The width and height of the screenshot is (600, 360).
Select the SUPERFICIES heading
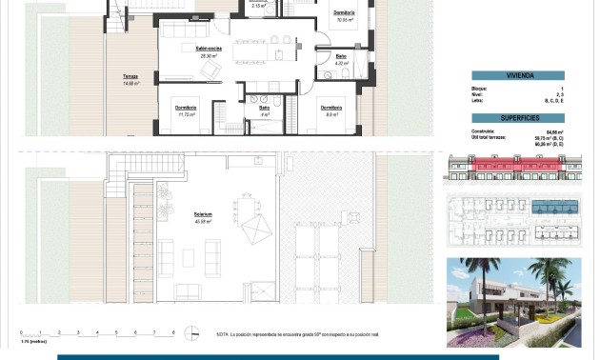pos(519,119)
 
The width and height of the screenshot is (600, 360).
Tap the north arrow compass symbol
pos(194,332)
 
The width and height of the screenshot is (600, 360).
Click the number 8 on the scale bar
pos(172,332)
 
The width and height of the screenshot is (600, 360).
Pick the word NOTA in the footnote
pos(224,333)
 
